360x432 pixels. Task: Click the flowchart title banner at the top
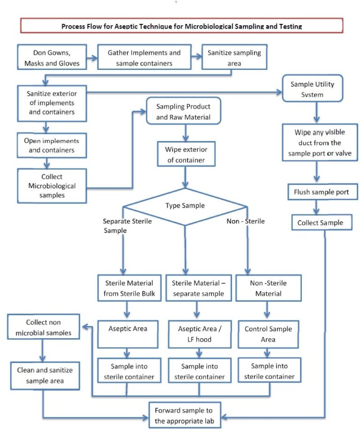click(181, 26)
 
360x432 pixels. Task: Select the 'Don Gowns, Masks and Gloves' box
click(52, 57)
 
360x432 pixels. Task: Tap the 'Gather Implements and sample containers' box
click(143, 58)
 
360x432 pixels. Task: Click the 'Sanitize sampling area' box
click(234, 58)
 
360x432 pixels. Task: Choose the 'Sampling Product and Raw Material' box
click(183, 112)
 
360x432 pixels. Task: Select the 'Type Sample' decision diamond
click(185, 205)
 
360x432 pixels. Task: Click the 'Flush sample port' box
click(318, 192)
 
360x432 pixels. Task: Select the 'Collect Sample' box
click(321, 222)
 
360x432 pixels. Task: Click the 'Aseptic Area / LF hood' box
click(199, 333)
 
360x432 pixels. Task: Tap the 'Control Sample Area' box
click(268, 333)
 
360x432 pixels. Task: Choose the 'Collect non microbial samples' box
click(43, 327)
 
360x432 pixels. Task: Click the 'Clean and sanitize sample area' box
click(43, 375)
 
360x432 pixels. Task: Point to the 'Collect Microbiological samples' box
click(52, 186)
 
